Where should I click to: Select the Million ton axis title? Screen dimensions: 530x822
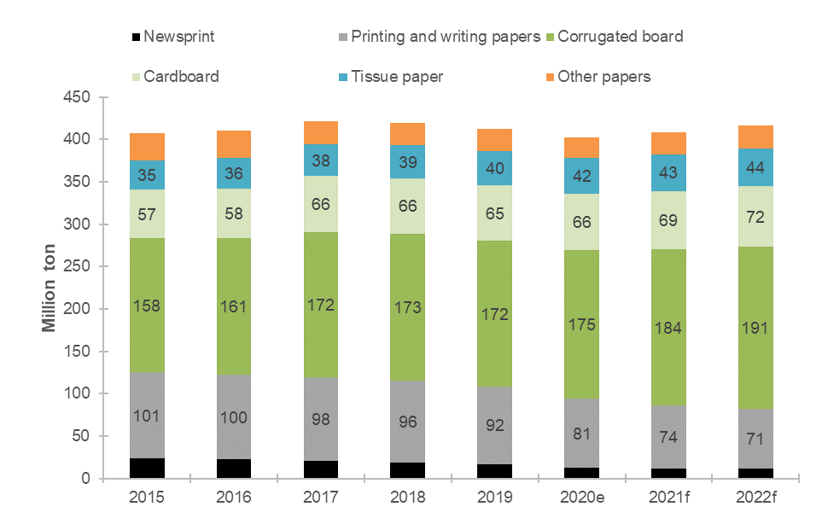click(x=50, y=288)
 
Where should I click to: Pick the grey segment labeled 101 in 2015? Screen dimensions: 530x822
click(x=147, y=416)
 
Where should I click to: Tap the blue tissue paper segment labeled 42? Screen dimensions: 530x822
click(x=583, y=177)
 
